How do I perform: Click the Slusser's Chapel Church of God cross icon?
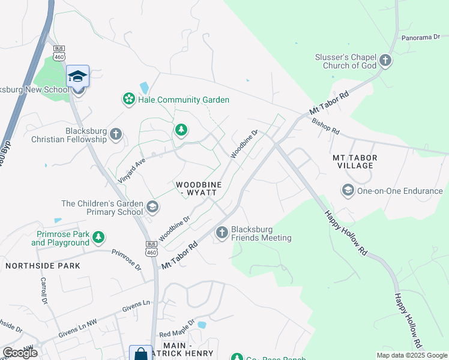(x=385, y=61)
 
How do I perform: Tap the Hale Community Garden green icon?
(x=128, y=100)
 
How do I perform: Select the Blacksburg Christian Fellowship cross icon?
(x=116, y=134)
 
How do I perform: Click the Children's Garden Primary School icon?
(x=152, y=208)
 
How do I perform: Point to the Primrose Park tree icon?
(x=98, y=238)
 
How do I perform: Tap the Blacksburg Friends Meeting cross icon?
(x=222, y=233)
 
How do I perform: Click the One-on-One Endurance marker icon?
(x=348, y=191)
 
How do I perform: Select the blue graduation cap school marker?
(x=77, y=76)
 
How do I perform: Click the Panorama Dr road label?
(x=420, y=37)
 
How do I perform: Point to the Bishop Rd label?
(x=326, y=126)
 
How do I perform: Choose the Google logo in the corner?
(x=20, y=353)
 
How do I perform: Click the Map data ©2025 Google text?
(x=411, y=355)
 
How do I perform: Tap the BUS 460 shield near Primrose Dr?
(x=151, y=248)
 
